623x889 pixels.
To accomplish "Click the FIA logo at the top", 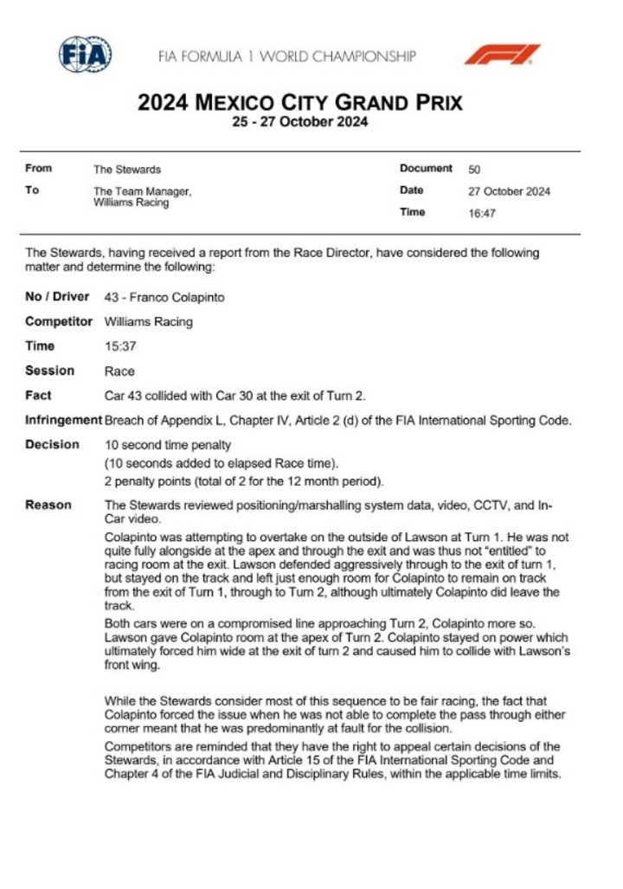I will coord(85,55).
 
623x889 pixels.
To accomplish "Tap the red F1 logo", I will coord(502,55).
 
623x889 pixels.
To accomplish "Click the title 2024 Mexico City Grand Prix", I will coord(300,102).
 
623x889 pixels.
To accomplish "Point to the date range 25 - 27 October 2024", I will coord(300,122).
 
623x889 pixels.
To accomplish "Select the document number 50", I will coord(475,170).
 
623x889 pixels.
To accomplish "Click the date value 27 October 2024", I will coord(509,191).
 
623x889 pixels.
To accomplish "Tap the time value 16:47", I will coord(481,213).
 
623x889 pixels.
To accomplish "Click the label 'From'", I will coord(39,169).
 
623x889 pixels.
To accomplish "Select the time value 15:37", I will coord(119,346).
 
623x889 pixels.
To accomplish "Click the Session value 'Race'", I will coord(119,371).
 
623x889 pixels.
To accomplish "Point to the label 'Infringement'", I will coord(63,420).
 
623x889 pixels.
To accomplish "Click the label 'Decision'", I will coord(52,445).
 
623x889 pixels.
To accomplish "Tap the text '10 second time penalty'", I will coord(167,445).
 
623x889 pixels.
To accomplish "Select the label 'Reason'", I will coord(48,505).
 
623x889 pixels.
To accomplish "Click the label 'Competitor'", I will coord(59,322).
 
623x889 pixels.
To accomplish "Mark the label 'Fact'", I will coord(38,396).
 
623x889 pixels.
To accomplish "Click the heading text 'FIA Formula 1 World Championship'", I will coord(286,56).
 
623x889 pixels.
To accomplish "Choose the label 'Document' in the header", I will coord(426,169).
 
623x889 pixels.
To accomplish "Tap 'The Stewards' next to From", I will coord(127,170).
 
